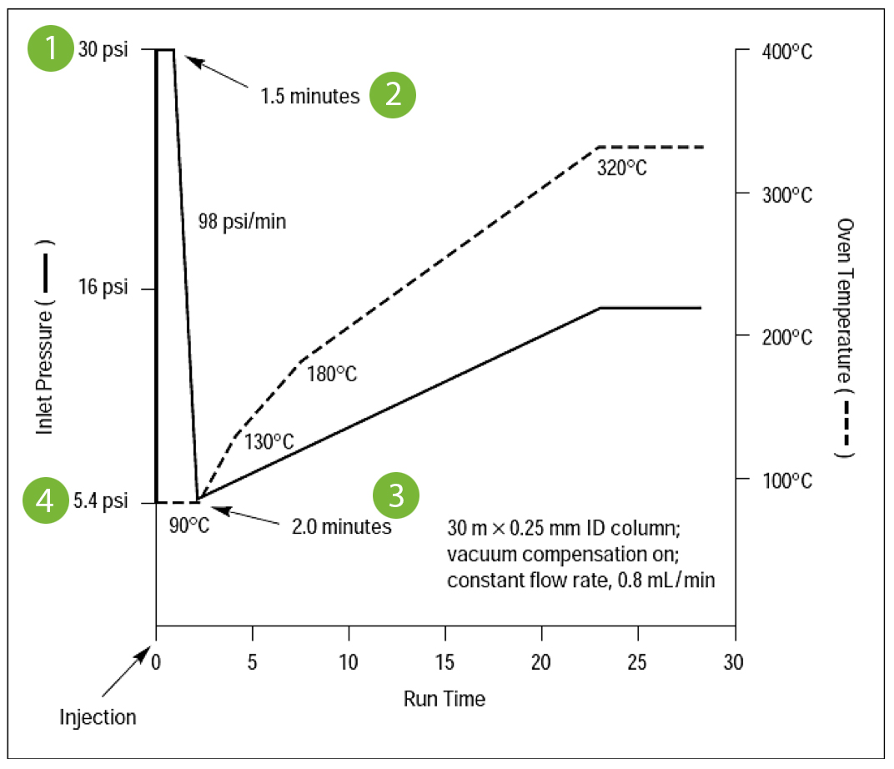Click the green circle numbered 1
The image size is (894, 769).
(53, 49)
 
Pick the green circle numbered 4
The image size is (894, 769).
(52, 501)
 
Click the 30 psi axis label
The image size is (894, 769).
(103, 50)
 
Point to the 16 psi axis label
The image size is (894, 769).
(103, 289)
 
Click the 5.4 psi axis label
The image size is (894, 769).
(103, 502)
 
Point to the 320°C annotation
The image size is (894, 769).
(621, 168)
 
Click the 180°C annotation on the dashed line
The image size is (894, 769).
(331, 374)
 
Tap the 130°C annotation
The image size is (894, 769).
(269, 441)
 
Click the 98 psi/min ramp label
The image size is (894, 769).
(242, 222)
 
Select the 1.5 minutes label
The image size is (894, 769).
(309, 96)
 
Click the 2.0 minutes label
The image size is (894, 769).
(340, 526)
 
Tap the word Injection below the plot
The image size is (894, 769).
(98, 716)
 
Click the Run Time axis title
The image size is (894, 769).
(444, 698)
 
